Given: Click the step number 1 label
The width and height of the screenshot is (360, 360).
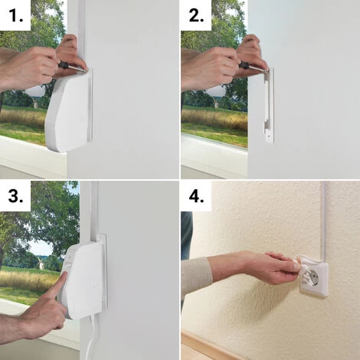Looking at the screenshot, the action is click(16, 15).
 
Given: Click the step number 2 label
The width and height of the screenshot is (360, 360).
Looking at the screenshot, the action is click(196, 15).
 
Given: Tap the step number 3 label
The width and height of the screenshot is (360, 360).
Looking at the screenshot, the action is click(16, 196).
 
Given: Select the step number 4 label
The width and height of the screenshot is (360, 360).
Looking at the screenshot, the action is click(196, 196).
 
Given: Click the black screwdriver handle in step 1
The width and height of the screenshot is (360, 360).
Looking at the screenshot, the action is click(65, 65).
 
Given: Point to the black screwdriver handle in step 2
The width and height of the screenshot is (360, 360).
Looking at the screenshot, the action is click(245, 65).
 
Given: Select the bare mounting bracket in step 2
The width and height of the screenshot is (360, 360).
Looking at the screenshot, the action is click(268, 105).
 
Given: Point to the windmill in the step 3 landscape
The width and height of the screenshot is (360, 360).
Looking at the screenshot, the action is click(40, 263).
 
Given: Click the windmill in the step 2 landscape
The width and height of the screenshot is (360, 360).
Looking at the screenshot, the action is click(216, 103).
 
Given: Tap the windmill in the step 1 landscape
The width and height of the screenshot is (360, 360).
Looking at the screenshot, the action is click(35, 103).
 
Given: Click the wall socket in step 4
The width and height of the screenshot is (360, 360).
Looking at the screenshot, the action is click(313, 282).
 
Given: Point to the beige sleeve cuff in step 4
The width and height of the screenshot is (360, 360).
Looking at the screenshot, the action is click(197, 276).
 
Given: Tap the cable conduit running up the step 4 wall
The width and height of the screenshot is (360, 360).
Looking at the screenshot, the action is click(324, 220).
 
